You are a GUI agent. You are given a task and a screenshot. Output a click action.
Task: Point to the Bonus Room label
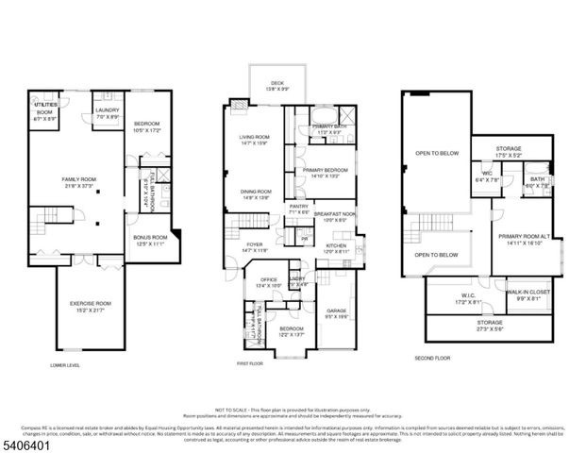coord(150,240)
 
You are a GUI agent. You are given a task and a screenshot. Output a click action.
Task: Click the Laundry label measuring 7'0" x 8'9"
coord(105,113)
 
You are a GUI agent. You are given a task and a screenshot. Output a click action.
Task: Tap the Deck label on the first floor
coord(276,85)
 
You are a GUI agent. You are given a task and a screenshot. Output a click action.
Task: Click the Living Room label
coord(255,142)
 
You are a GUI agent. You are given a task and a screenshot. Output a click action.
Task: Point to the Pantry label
coord(299,209)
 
